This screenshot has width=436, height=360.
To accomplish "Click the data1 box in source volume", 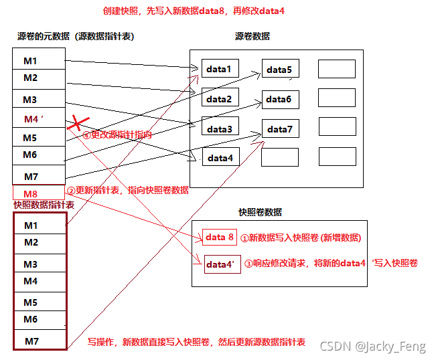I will (219, 69).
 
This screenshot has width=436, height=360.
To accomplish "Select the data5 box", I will (280, 69).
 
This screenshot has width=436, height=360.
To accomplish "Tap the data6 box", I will (279, 100).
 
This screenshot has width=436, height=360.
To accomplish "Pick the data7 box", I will (280, 129).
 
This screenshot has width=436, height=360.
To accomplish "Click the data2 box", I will (219, 100).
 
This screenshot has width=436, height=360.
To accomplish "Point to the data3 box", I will (219, 129).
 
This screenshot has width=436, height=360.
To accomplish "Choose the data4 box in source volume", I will (219, 158).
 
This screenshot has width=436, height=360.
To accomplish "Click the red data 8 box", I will (220, 237).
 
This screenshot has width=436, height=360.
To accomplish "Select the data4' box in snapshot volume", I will (221, 264).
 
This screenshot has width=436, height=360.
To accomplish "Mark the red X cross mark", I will (77, 124).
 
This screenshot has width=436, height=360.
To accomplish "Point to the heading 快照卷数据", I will (260, 212).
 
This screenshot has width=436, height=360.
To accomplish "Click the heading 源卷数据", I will (253, 36).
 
